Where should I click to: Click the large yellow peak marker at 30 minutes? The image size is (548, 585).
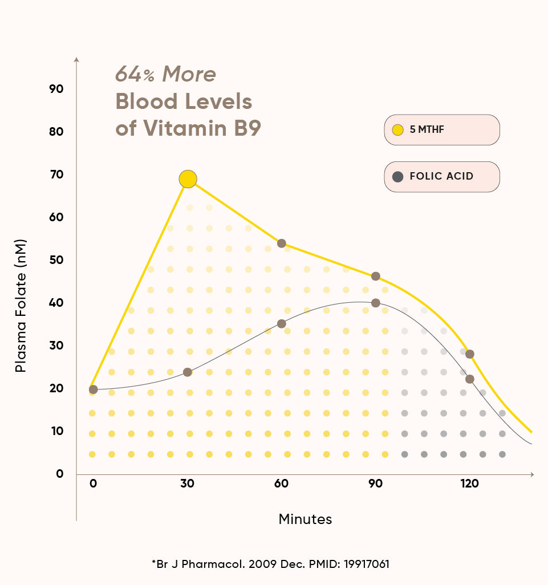point(188,179)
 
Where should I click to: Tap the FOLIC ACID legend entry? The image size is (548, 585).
point(442,176)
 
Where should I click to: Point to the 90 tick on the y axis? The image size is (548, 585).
point(56,89)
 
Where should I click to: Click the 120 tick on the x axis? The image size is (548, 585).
point(469,484)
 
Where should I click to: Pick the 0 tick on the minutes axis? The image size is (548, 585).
point(93,484)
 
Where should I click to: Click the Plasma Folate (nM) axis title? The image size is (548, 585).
point(21,306)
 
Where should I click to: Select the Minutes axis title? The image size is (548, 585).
point(305,519)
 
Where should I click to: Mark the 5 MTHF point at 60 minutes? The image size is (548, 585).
point(281,243)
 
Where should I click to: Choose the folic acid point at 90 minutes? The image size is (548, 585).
point(375,303)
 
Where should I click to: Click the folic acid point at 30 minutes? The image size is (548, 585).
point(188,372)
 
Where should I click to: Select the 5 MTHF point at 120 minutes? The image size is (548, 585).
point(470,354)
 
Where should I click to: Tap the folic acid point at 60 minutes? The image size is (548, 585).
point(281,324)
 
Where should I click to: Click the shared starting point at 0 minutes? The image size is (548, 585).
point(94,389)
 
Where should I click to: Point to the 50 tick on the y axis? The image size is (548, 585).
point(56,260)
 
